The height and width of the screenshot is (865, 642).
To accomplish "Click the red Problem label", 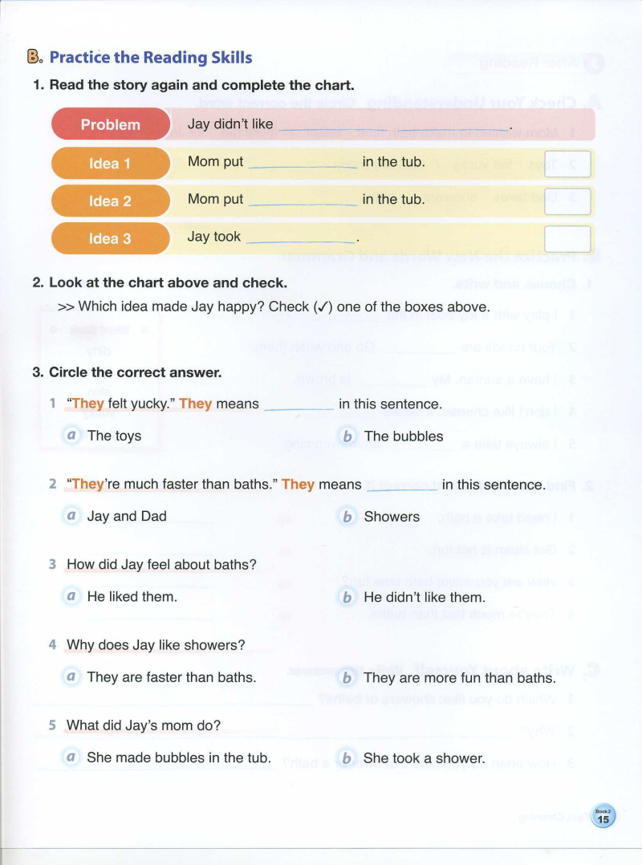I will point(111,124).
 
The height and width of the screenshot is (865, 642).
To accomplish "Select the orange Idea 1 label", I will point(111,164).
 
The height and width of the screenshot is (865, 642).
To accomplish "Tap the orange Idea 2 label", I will point(111,201).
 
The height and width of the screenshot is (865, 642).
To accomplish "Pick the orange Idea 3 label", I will point(111,238).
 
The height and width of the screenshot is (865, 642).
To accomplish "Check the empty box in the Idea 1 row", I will point(567,163).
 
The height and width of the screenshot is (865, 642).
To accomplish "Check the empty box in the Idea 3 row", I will point(567,238).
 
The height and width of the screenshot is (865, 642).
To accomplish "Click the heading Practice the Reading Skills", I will point(151,57).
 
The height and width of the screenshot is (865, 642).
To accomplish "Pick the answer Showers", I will point(392,516).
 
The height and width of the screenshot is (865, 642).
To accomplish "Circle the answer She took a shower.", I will point(424,757).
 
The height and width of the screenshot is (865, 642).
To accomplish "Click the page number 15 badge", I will point(603,818).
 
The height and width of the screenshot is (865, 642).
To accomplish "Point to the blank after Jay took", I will point(302,238).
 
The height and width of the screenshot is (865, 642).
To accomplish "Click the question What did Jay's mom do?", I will point(144,725).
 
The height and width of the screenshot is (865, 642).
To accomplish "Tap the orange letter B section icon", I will point(34,57).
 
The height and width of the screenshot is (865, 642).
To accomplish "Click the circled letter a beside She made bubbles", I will point(72,757).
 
